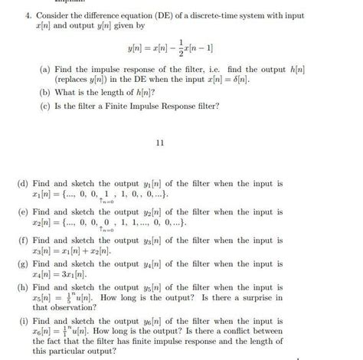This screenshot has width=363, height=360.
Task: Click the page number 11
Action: tap(160, 142)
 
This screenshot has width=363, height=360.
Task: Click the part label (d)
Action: tap(23, 185)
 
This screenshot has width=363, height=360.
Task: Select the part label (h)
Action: tap(23, 285)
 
